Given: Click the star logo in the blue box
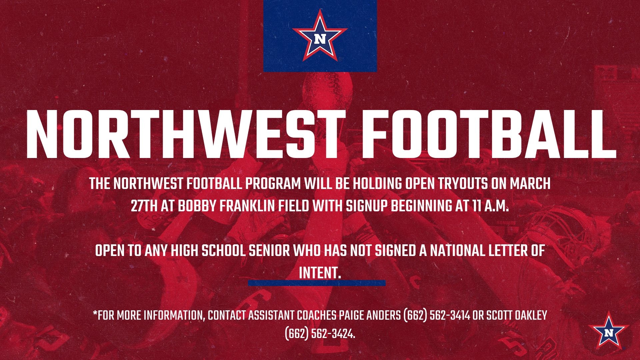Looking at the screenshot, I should pyautogui.click(x=320, y=36).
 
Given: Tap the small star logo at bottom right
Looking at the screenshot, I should pyautogui.click(x=609, y=331).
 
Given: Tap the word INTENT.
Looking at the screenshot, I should pyautogui.click(x=319, y=273).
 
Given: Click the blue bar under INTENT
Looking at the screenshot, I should pyautogui.click(x=317, y=283).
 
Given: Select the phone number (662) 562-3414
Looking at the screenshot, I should pyautogui.click(x=436, y=315).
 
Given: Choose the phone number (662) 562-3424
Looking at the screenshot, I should pyautogui.click(x=320, y=333).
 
